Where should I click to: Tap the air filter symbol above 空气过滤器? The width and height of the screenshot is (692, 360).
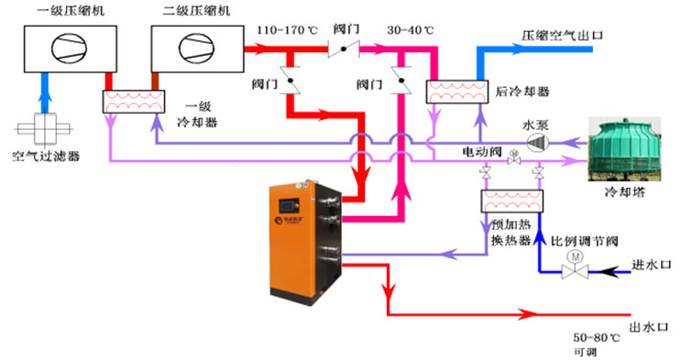44,125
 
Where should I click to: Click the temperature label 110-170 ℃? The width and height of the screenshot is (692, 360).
286,28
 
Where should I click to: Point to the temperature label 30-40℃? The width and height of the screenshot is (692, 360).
412,28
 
